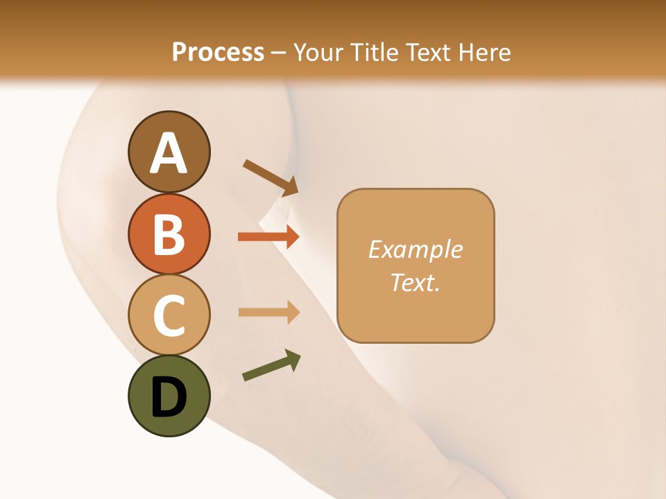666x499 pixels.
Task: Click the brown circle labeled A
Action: click(x=169, y=152)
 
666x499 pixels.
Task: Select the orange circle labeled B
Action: click(x=169, y=234)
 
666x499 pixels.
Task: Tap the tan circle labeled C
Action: click(x=169, y=315)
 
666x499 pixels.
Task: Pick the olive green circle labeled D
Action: click(x=169, y=396)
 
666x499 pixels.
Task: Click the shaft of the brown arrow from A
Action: click(x=264, y=173)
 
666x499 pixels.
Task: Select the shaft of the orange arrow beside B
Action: click(x=260, y=237)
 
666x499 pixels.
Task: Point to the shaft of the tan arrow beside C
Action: click(x=260, y=313)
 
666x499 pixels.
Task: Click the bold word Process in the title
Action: click(x=218, y=53)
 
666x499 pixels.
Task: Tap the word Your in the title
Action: click(x=321, y=53)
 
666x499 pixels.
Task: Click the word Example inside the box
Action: click(x=416, y=249)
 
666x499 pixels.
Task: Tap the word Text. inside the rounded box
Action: click(x=416, y=282)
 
